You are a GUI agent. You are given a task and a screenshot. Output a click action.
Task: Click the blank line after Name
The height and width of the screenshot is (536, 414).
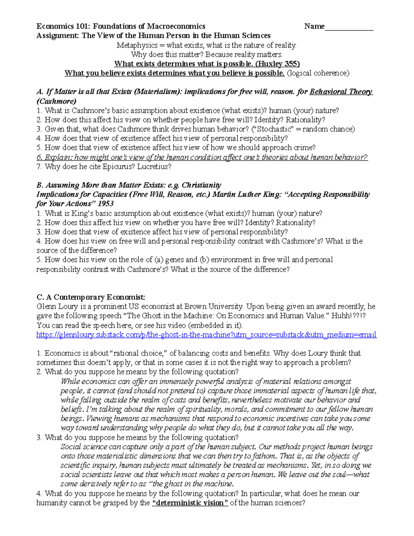(x=349, y=27)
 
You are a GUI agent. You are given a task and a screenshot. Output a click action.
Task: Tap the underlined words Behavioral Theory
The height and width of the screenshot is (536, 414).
(x=341, y=92)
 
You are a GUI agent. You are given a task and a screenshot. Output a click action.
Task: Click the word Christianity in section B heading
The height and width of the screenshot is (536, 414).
(x=201, y=185)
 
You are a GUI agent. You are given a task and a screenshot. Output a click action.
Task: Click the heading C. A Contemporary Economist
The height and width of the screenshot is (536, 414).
(x=91, y=297)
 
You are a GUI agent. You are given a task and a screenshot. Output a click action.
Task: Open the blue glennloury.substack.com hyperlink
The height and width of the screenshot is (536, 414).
(x=206, y=335)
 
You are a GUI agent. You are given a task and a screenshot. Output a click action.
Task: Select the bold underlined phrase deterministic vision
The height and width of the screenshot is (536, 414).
(x=190, y=503)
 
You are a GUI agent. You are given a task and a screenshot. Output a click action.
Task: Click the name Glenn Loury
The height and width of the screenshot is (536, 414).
(x=56, y=306)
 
